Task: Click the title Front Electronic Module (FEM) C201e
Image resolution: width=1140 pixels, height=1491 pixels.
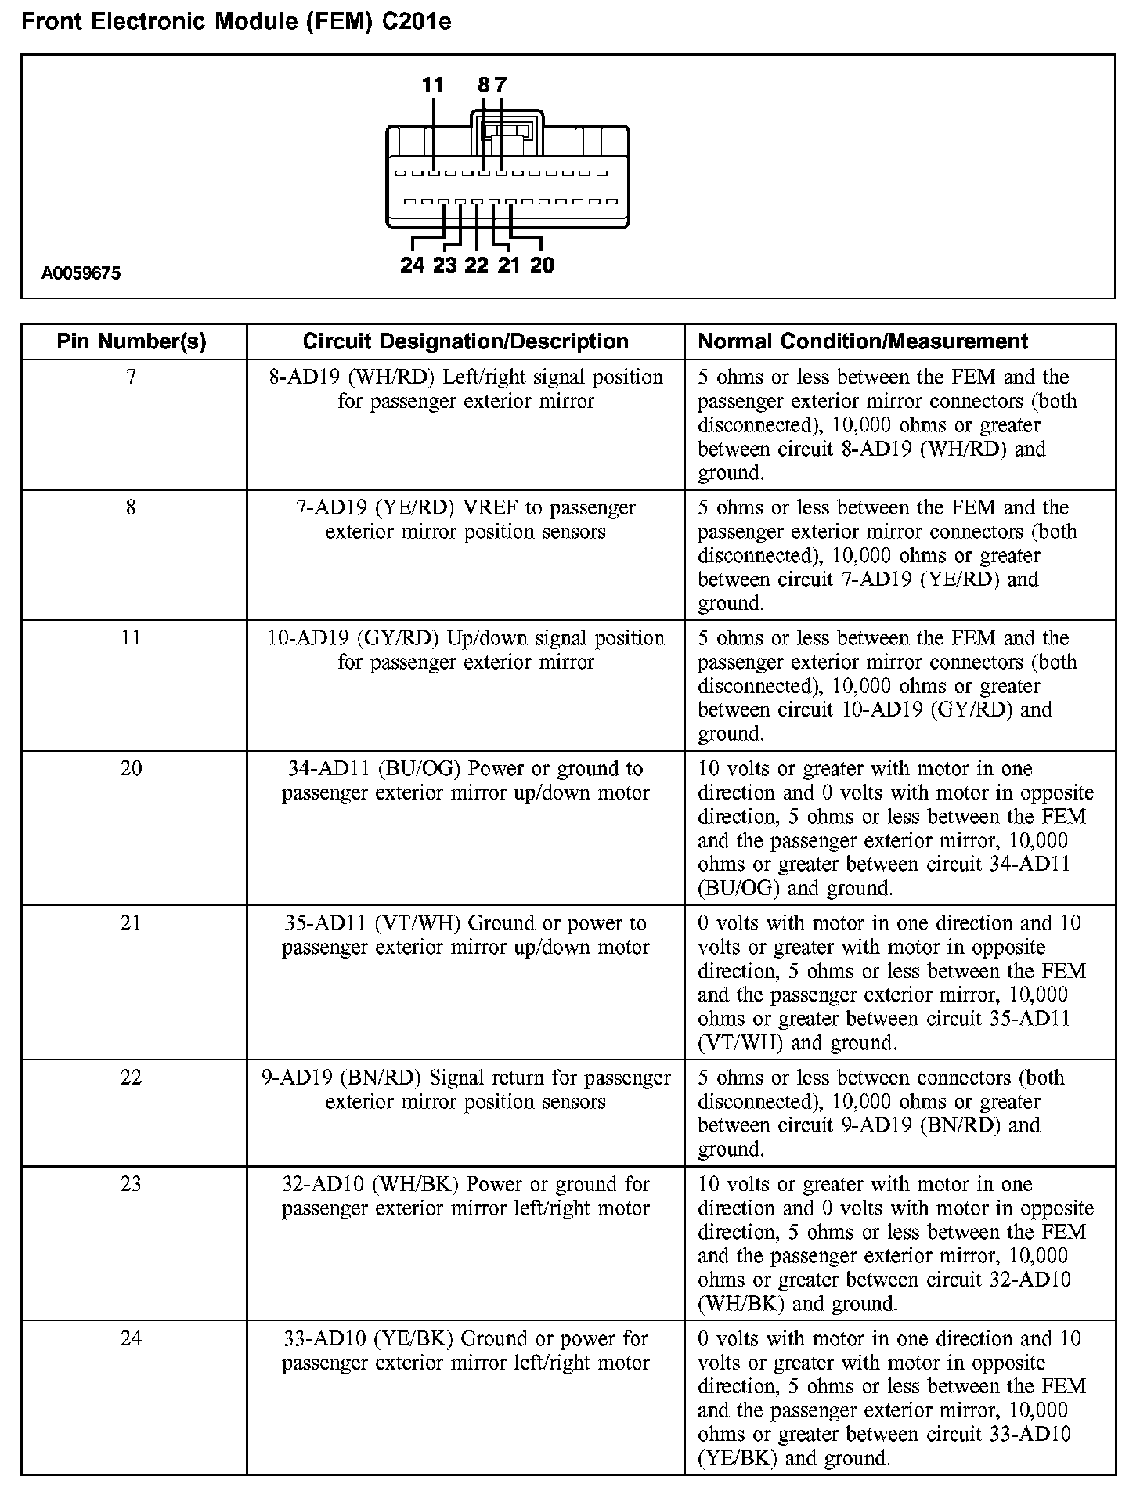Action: point(236,22)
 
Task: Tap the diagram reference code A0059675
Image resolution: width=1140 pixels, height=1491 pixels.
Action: point(81,274)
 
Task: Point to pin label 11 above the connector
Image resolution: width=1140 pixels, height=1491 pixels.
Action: point(433,85)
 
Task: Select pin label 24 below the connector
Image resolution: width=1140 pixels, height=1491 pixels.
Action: point(412,265)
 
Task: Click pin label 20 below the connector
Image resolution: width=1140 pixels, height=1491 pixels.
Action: point(541,265)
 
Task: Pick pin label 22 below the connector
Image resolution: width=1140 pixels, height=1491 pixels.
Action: point(476,265)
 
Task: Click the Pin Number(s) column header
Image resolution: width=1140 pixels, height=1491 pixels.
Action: point(132,341)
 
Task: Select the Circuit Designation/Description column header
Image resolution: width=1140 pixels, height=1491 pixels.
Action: point(465,341)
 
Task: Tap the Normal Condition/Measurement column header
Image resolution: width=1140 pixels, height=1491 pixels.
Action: point(862,341)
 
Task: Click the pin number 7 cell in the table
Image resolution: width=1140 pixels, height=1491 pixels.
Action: point(132,377)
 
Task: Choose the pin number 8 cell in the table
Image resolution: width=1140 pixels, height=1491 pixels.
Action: point(132,508)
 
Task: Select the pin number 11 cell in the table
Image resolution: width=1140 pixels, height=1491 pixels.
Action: point(132,638)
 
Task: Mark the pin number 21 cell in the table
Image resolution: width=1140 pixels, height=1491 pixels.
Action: point(132,923)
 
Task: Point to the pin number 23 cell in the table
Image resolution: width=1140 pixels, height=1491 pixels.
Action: point(132,1184)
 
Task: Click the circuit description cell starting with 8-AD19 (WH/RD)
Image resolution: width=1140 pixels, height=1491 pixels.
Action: point(465,389)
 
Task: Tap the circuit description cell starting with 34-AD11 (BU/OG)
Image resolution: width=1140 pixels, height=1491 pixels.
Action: point(465,781)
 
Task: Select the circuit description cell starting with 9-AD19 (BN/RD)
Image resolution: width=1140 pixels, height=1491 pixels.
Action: point(465,1089)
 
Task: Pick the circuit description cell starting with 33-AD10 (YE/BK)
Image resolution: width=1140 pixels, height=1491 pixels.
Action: point(465,1351)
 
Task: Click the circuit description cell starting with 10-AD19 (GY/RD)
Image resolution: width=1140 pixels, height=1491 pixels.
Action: point(465,650)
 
